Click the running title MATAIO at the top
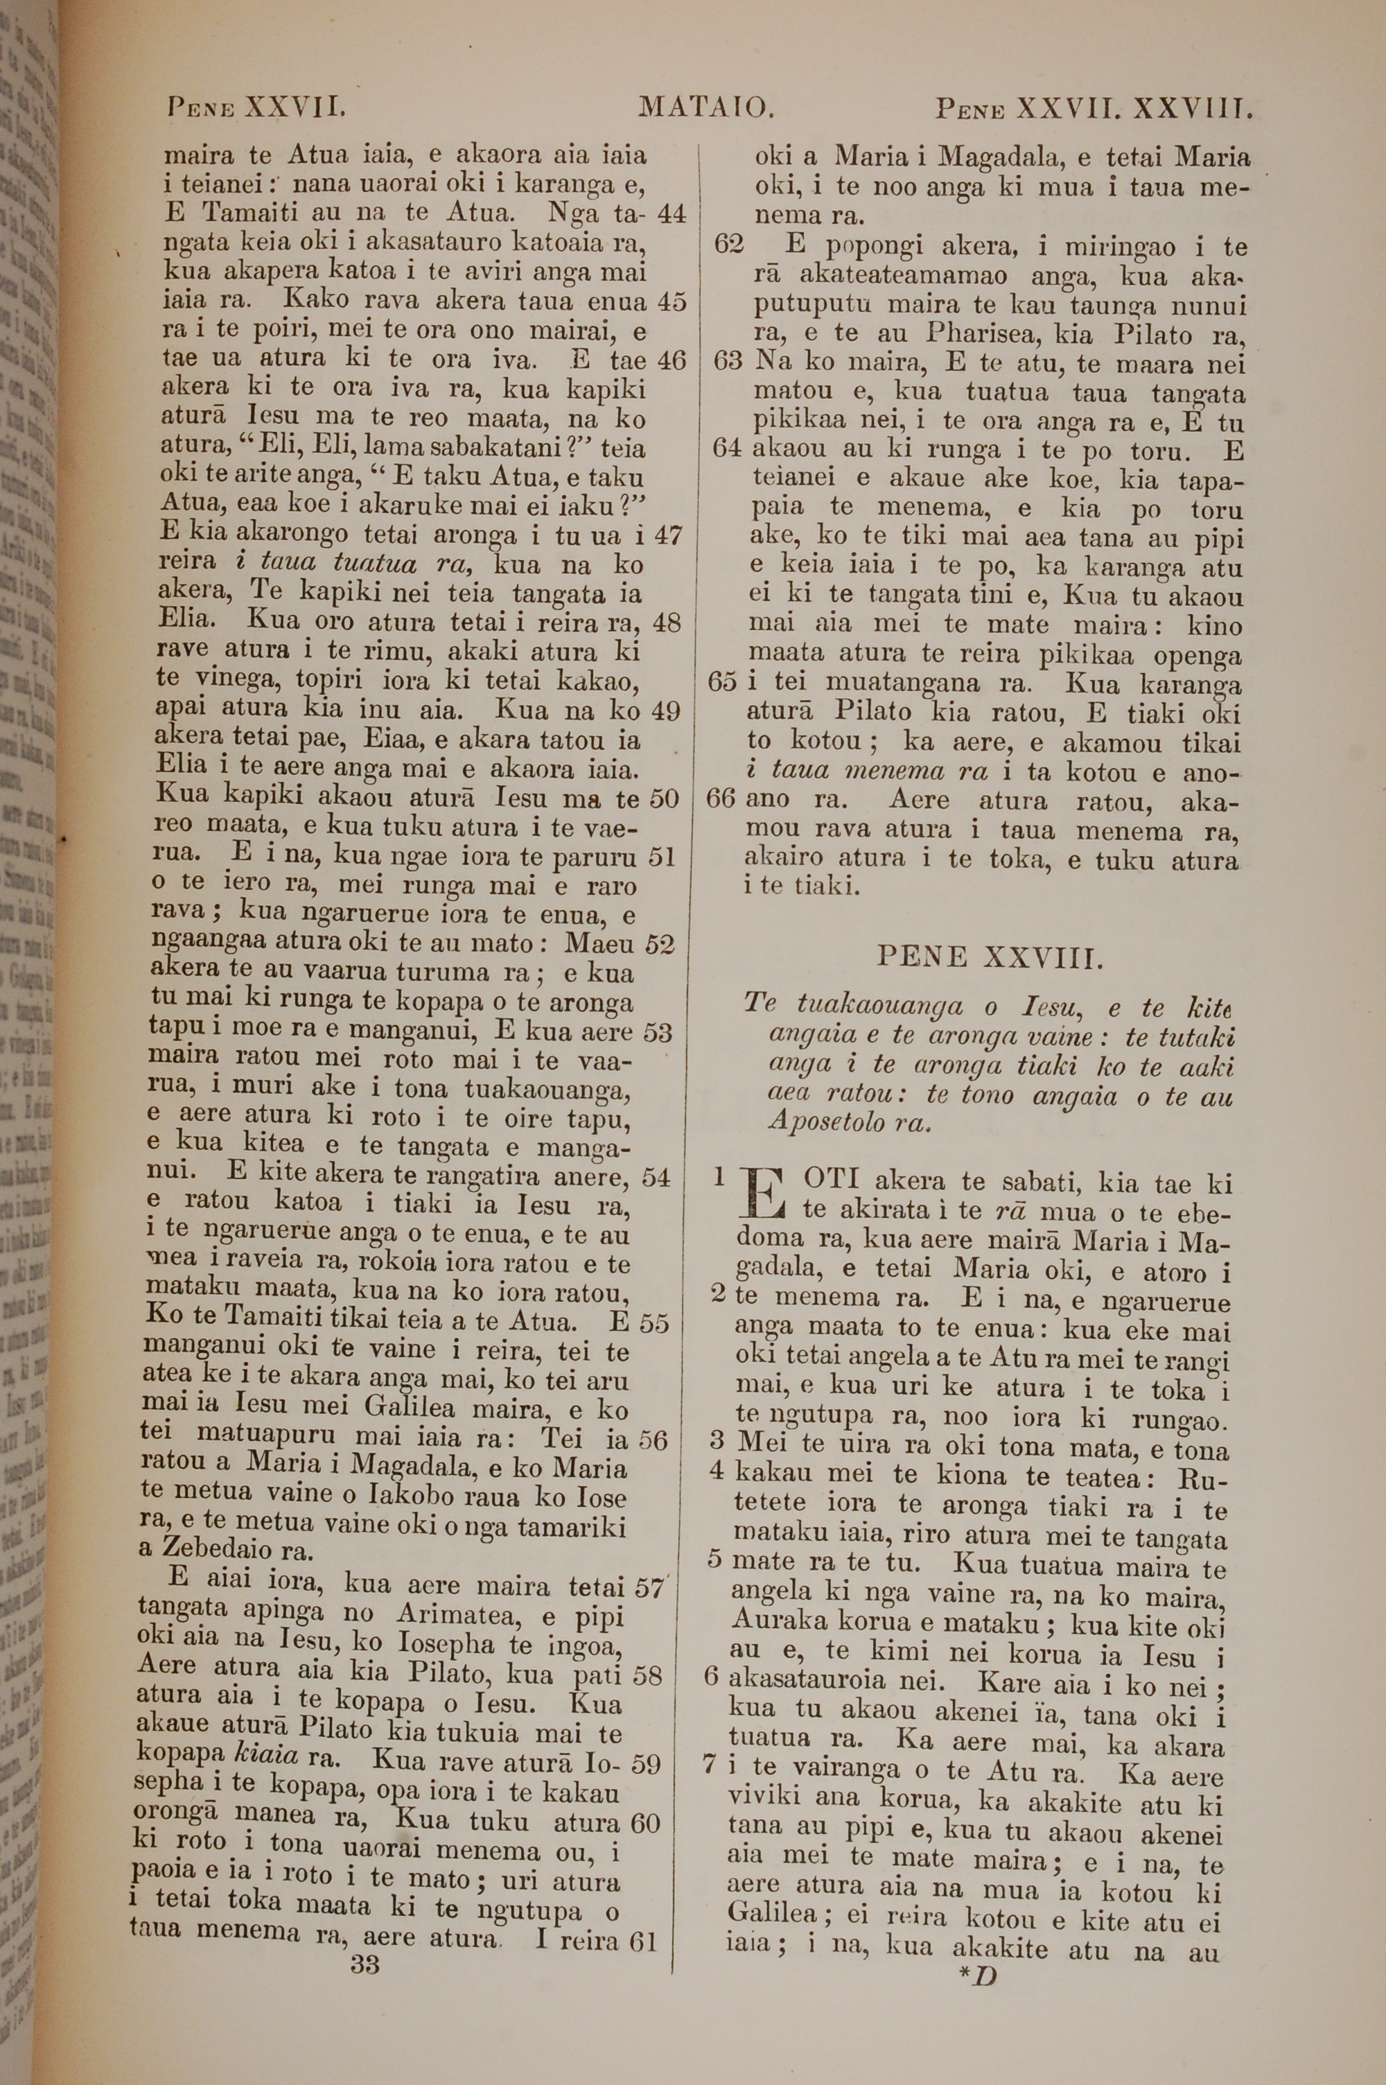point(706,109)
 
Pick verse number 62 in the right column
point(728,244)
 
